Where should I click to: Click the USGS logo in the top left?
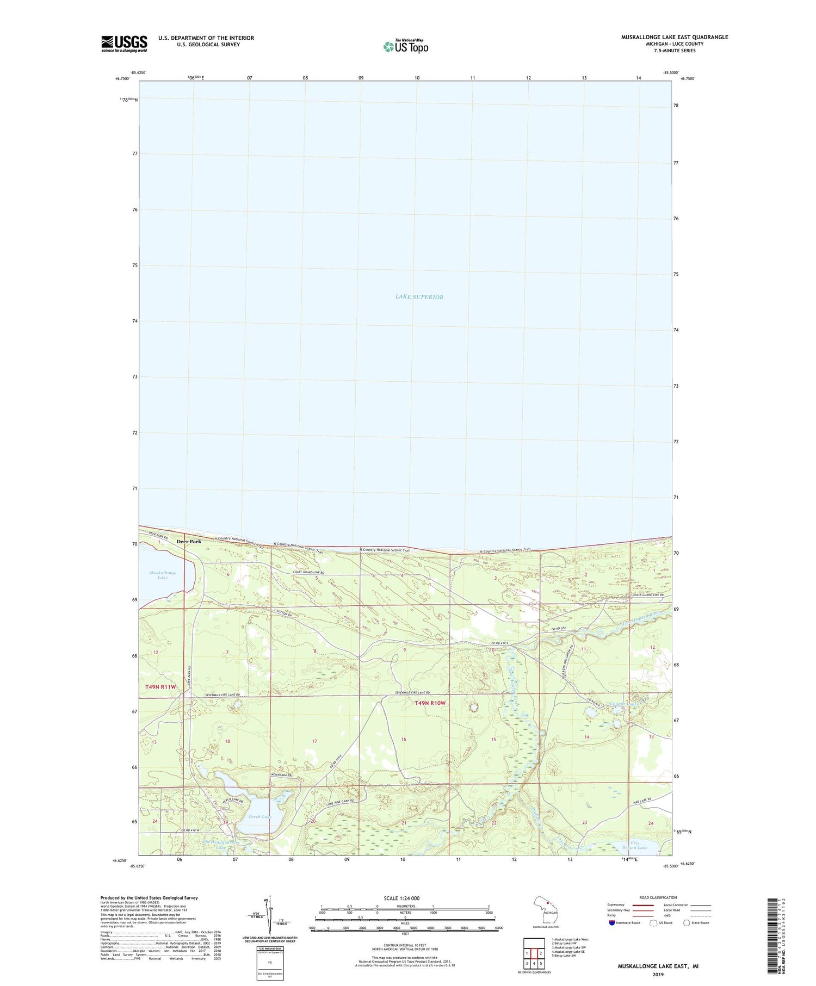pyautogui.click(x=124, y=44)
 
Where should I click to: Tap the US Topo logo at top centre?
pyautogui.click(x=405, y=46)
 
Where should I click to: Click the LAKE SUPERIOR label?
pyautogui.click(x=419, y=297)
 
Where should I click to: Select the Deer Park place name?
pyautogui.click(x=188, y=541)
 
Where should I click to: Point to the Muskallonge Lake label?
pyautogui.click(x=163, y=575)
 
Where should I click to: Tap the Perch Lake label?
pyautogui.click(x=259, y=816)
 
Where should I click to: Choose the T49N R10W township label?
pyautogui.click(x=430, y=703)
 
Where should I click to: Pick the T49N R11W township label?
pyautogui.click(x=161, y=687)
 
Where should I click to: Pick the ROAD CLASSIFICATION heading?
pyautogui.click(x=658, y=897)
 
